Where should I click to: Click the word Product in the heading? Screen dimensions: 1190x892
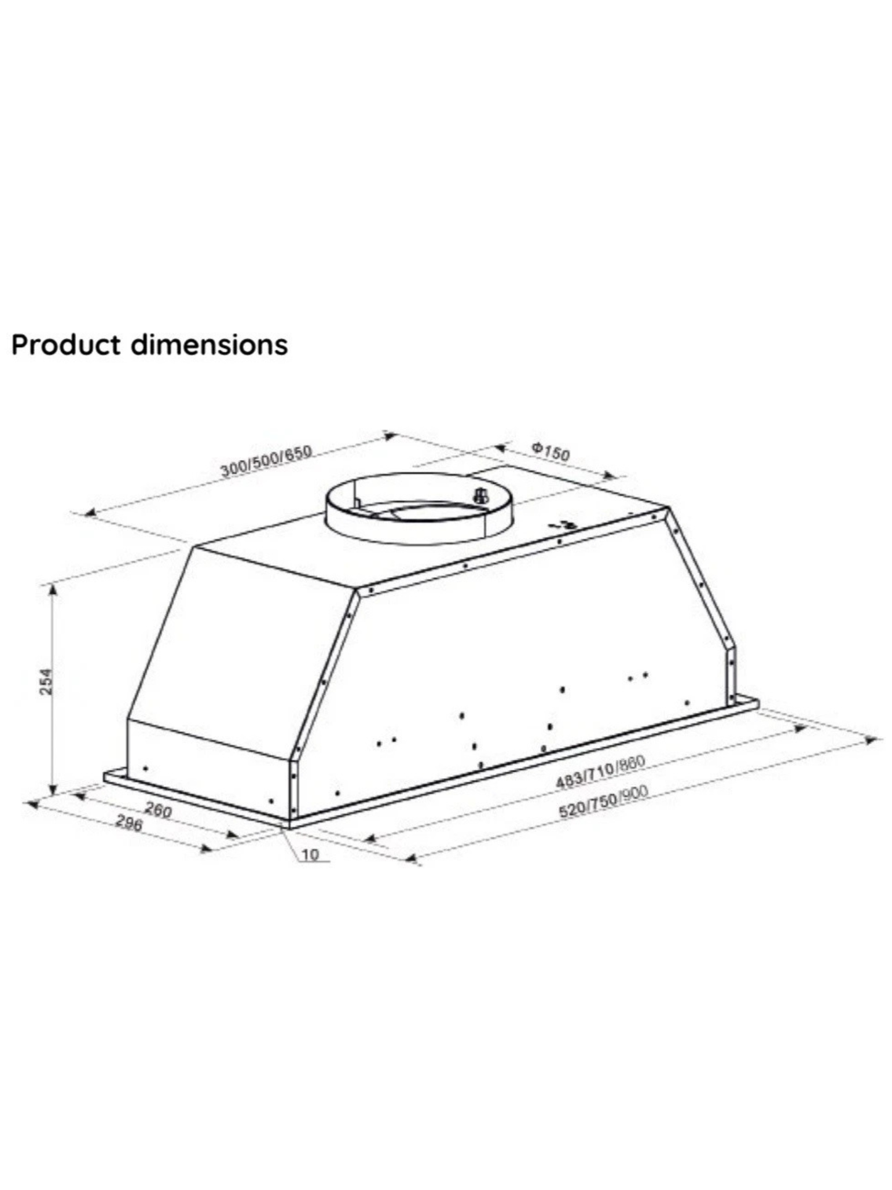[x=66, y=345]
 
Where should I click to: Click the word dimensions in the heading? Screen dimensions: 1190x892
[x=209, y=345]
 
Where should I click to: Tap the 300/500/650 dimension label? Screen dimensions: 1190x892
[x=266, y=460]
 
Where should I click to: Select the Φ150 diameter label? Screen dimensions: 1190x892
[x=551, y=451]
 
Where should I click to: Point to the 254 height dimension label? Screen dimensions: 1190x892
[x=46, y=681]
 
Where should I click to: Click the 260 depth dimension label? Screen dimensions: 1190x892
[x=158, y=810]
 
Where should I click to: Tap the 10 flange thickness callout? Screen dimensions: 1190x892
[x=311, y=855]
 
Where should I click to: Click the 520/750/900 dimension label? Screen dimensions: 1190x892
[x=603, y=802]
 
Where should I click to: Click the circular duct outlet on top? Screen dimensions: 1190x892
[x=419, y=508]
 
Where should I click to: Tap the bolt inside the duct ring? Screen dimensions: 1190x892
[x=480, y=495]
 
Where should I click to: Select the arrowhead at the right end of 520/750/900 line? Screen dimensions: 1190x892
[x=871, y=739]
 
